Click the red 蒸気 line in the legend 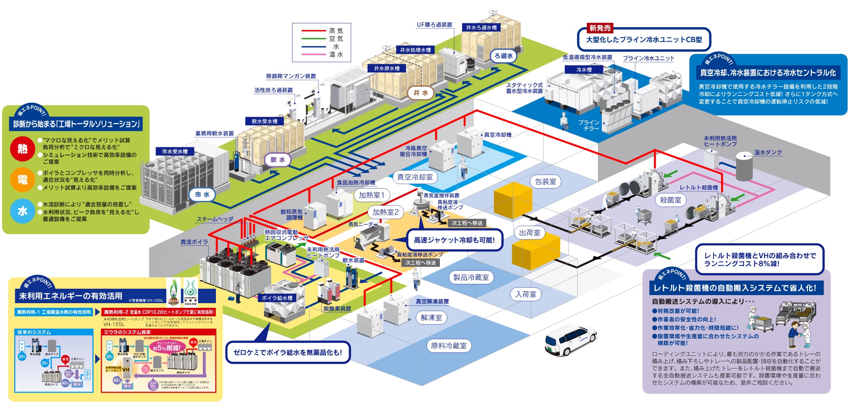313,31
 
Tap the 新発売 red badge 600,28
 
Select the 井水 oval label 421,93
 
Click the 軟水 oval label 278,160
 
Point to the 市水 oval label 202,194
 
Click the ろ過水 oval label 504,56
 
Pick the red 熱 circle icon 23,149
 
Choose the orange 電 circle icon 23,180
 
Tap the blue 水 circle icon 23,211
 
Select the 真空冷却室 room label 415,177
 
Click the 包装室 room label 545,182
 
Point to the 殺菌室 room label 670,200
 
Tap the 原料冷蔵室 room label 449,346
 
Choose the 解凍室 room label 431,318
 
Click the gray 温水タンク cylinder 744,168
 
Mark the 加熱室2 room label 385,212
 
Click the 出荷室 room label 530,233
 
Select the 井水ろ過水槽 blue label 481,28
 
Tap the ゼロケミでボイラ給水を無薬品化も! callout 288,352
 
